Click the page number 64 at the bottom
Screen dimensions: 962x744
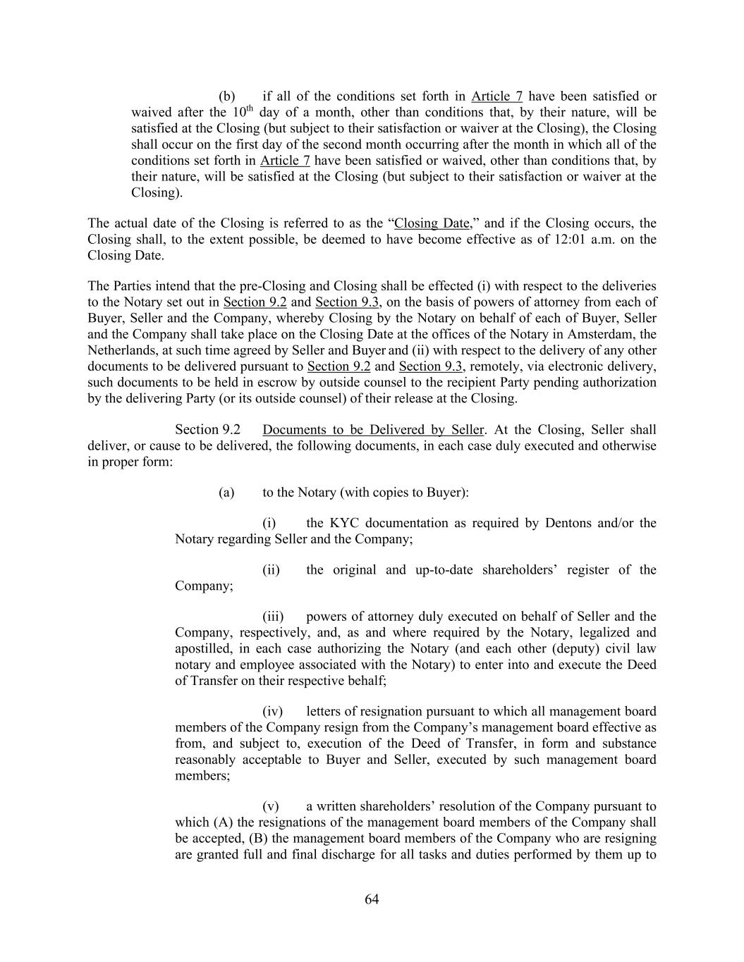pos(372,899)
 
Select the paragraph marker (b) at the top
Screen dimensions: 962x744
pos(226,97)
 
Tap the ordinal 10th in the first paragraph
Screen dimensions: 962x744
pos(242,111)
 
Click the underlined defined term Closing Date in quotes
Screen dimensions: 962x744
pos(432,223)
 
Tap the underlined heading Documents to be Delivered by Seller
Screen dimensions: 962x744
pos(373,430)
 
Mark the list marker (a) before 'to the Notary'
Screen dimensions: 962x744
pos(226,493)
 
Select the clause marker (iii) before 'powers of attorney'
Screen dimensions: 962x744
pos(273,617)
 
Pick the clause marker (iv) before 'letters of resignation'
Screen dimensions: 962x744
pos(273,712)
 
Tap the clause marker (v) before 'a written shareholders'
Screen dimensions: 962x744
pos(271,806)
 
